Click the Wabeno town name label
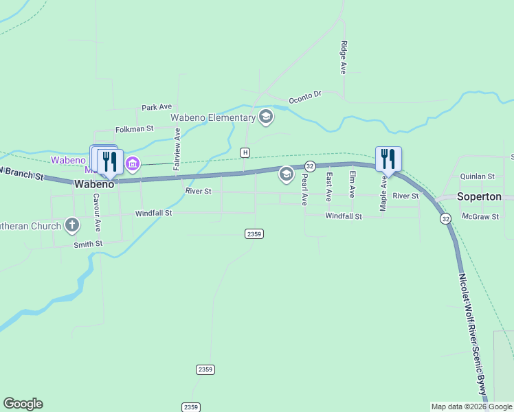pos(93,184)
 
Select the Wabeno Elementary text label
pos(213,117)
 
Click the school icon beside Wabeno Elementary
pos(266,117)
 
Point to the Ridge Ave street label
pos(343,57)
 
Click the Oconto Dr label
pos(305,95)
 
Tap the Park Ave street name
pos(157,107)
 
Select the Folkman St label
pos(134,128)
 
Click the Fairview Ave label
pos(177,149)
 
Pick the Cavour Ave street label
pos(98,212)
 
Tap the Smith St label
pos(88,244)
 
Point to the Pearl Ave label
pos(304,190)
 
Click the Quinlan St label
pos(478,176)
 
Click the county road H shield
pos(245,152)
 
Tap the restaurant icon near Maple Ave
pos(388,159)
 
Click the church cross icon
pos(72,225)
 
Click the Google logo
pos(23,404)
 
